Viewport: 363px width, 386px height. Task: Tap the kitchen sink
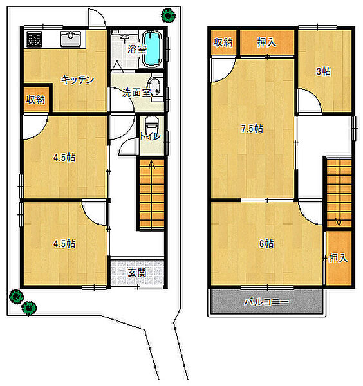point(70,39)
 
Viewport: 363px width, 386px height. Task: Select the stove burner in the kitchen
point(35,39)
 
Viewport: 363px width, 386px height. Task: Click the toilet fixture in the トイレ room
point(151,125)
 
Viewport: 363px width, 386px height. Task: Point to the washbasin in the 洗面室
point(155,87)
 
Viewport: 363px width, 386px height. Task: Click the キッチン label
point(78,80)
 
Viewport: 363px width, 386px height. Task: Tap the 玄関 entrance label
point(137,273)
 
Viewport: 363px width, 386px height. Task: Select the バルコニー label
point(266,302)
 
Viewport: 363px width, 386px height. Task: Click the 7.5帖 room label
point(252,129)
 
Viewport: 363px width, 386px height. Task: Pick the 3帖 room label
point(324,71)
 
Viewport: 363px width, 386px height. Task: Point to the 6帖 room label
point(266,244)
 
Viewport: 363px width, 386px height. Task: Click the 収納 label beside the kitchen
point(35,100)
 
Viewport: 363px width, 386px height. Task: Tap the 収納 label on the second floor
point(223,42)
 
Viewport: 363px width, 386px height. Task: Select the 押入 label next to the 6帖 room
point(339,258)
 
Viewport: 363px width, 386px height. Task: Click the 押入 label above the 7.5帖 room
point(266,42)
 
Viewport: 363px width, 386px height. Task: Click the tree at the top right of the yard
point(169,15)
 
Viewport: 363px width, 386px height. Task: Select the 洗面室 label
point(136,93)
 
